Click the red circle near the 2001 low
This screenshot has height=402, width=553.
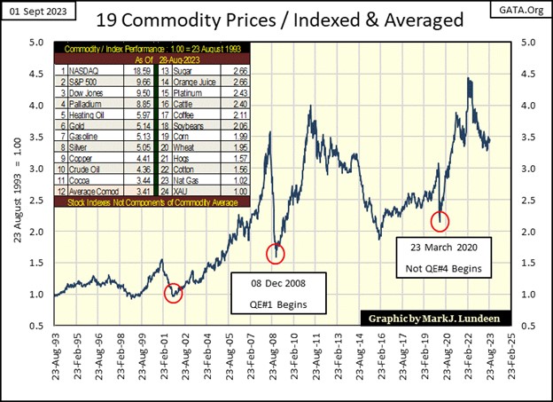(x=174, y=292)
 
